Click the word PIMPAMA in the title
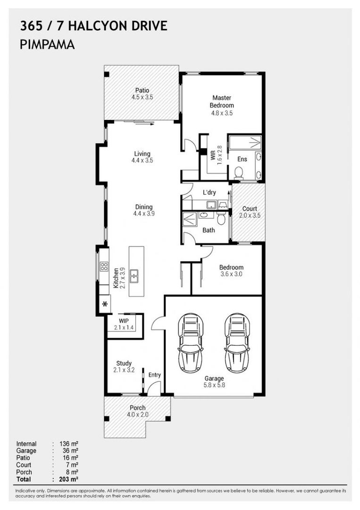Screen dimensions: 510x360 (48, 45)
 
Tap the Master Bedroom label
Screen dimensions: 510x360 (222, 102)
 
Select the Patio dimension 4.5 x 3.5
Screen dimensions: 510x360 (142, 98)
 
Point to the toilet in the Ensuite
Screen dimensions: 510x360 (239, 172)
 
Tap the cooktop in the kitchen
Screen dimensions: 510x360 (104, 266)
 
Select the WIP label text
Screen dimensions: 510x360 (124, 321)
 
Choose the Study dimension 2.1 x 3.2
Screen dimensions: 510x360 (125, 370)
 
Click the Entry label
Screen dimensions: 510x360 (154, 375)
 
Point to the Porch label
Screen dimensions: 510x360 (137, 408)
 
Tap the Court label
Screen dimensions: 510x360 (250, 209)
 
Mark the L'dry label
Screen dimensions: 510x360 (209, 193)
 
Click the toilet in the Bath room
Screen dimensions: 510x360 (221, 219)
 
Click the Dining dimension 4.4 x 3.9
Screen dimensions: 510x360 (144, 213)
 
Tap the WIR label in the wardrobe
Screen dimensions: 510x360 (213, 155)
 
